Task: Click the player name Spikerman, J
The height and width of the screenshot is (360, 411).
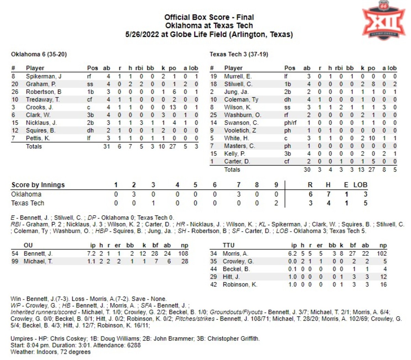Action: tap(43, 76)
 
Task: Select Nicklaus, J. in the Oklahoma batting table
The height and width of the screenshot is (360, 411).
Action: tap(41, 123)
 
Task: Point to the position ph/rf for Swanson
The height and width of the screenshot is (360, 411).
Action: tap(290, 123)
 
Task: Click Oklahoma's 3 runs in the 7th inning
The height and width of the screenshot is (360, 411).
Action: tap(239, 194)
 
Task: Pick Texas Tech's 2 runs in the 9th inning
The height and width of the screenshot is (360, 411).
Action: tap(276, 203)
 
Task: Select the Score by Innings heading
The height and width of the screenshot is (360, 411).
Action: tap(38, 185)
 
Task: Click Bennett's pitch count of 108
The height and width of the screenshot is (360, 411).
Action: tap(183, 253)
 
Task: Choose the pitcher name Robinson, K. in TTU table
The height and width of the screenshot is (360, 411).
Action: tap(240, 285)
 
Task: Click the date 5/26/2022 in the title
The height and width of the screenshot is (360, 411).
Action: tap(142, 34)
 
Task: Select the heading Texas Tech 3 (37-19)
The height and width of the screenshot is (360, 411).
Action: tap(239, 54)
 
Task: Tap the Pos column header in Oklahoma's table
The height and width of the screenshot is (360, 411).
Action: tap(92, 68)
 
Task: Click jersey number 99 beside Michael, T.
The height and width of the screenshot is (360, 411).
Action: tap(15, 261)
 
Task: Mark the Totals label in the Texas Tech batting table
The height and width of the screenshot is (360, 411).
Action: tap(232, 169)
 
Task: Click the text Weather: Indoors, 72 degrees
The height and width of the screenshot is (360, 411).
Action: tap(51, 352)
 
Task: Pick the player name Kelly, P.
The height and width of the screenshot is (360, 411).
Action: tap(235, 154)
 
